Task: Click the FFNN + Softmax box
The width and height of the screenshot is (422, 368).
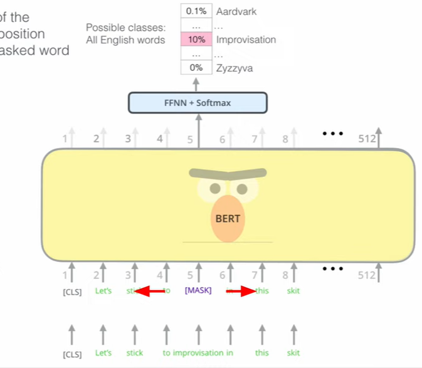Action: pos(198,103)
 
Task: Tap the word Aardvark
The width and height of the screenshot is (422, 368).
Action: pos(236,11)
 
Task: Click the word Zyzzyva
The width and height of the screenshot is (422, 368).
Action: pos(235,68)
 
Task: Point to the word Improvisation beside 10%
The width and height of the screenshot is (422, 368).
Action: pos(246,39)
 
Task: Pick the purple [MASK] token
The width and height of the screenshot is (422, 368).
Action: pos(199,291)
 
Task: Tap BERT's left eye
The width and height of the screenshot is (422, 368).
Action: pos(215,188)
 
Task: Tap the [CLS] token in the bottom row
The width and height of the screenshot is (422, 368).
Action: pos(72,354)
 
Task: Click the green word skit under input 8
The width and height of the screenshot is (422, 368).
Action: pos(293,291)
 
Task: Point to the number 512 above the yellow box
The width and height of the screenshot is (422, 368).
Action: pos(366,139)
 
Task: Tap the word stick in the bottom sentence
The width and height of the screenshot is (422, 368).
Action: pos(135,353)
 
